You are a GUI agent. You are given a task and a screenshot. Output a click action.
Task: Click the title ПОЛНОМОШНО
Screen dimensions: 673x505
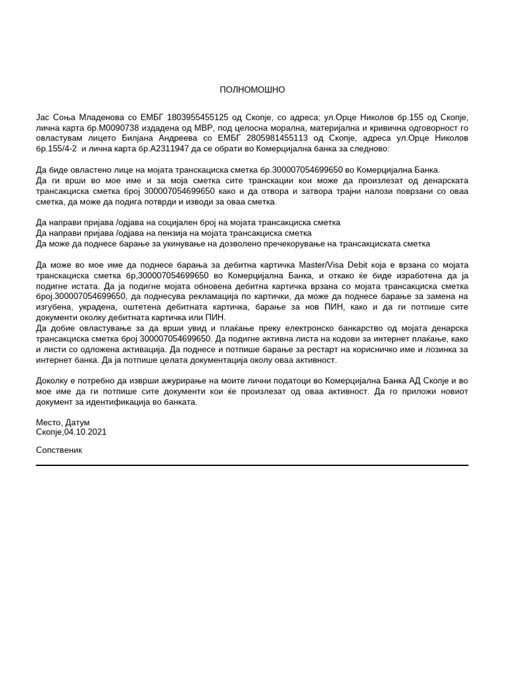coord(252,89)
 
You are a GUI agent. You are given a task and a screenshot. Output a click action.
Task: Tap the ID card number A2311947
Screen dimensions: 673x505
coord(169,149)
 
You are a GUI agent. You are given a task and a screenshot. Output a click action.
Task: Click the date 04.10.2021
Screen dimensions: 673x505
coord(85,432)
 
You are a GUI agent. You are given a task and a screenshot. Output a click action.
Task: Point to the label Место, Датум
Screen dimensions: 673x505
coord(63,422)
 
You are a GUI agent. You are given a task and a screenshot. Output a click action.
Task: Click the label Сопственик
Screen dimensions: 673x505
coord(59,450)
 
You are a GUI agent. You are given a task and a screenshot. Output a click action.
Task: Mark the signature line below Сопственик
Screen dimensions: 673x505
coord(252,465)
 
